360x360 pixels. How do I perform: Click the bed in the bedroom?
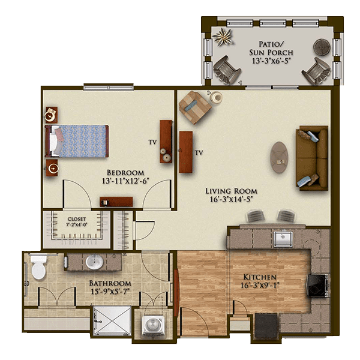tap(77, 141)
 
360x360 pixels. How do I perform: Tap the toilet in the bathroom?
tap(38, 268)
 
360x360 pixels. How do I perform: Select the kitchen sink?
tap(283, 239)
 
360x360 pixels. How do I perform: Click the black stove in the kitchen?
tap(318, 286)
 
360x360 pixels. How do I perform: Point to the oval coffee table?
tap(279, 157)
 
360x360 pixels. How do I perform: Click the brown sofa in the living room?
tap(312, 158)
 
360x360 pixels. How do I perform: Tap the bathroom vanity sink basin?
tap(94, 262)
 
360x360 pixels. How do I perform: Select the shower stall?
tap(112, 320)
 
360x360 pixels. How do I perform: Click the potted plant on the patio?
tap(223, 37)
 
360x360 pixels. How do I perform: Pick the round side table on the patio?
tap(322, 47)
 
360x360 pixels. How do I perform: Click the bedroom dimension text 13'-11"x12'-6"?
tap(125, 181)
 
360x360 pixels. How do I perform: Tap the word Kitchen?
tap(260, 277)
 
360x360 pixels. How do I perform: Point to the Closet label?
tap(77, 219)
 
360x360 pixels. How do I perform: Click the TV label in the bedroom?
tap(152, 142)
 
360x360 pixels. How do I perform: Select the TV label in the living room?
tap(199, 152)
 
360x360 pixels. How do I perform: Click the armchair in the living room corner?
tap(195, 107)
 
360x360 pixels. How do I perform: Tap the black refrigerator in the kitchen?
tap(266, 326)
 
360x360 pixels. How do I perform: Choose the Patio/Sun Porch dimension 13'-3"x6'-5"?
tap(272, 61)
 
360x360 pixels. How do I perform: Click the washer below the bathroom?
tap(153, 325)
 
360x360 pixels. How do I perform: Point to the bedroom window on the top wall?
tap(109, 88)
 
